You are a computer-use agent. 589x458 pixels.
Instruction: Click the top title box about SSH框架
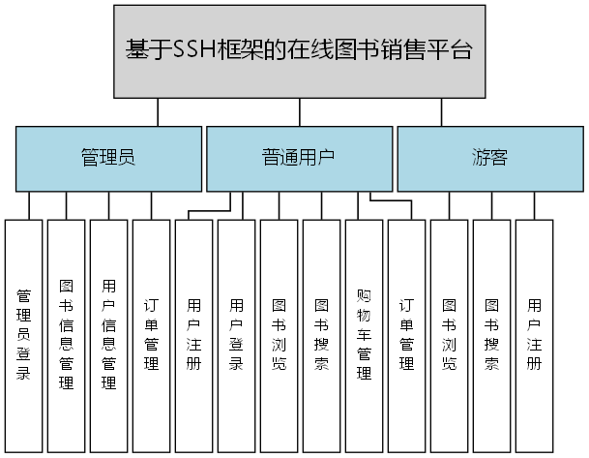(x=299, y=51)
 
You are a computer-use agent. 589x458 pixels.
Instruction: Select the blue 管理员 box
(x=107, y=158)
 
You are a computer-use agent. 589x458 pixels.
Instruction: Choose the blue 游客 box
(x=489, y=158)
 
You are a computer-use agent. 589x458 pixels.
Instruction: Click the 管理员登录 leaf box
(x=24, y=334)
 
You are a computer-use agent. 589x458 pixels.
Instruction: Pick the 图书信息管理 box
(x=67, y=334)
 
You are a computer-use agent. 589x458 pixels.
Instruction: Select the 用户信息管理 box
(x=108, y=334)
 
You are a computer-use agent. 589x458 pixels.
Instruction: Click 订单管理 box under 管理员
(x=151, y=334)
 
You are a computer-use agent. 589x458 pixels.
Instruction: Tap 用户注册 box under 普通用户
(x=193, y=334)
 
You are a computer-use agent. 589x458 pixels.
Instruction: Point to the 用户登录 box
(x=236, y=334)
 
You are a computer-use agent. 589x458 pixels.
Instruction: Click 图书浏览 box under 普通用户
(x=279, y=334)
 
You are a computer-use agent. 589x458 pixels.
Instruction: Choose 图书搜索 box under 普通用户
(x=321, y=334)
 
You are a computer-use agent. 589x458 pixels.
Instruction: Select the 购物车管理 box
(x=364, y=334)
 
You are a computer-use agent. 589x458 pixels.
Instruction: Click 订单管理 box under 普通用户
(x=406, y=334)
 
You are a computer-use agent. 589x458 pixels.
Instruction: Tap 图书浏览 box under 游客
(x=449, y=334)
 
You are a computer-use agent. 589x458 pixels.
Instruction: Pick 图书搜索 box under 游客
(x=491, y=334)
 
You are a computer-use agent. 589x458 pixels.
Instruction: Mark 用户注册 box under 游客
(x=534, y=334)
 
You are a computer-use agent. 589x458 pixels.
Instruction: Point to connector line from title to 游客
(x=442, y=111)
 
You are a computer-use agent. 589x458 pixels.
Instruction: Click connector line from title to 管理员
(x=157, y=111)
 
